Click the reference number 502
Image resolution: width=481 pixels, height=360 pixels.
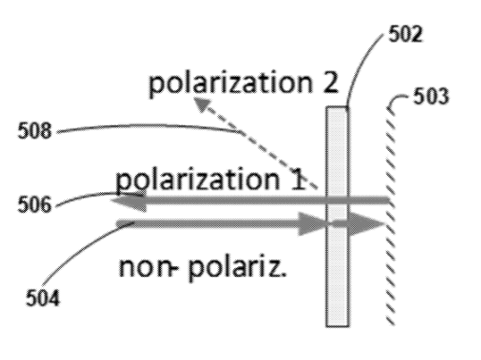(406, 34)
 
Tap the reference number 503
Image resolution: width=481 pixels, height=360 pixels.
(431, 96)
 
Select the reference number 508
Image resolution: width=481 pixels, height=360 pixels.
(35, 130)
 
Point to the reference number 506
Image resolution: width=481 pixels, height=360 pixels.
(35, 205)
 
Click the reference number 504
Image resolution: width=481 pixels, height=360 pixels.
(43, 297)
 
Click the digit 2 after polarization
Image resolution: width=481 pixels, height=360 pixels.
(330, 82)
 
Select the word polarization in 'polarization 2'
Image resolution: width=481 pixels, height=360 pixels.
(230, 83)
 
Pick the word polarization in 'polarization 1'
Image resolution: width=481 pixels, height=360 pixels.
(198, 180)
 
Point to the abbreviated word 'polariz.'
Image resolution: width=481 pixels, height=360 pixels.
(237, 268)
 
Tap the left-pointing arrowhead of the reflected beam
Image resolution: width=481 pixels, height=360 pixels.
(129, 201)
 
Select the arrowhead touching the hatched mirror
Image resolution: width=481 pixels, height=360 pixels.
(367, 223)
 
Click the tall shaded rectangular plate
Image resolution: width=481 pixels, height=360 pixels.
(337, 216)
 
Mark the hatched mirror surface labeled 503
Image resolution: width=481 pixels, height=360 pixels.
(391, 214)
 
